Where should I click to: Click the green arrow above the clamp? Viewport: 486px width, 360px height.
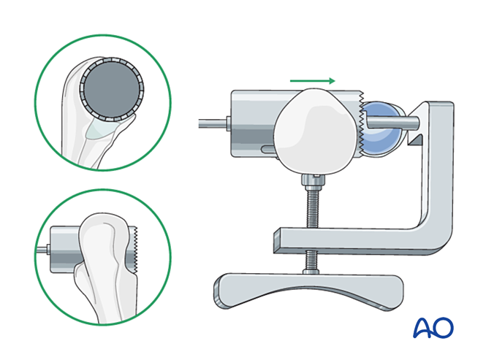pos(313,80)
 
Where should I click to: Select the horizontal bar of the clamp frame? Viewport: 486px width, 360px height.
pos(343,237)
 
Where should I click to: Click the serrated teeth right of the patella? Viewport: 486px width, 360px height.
pos(361,124)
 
